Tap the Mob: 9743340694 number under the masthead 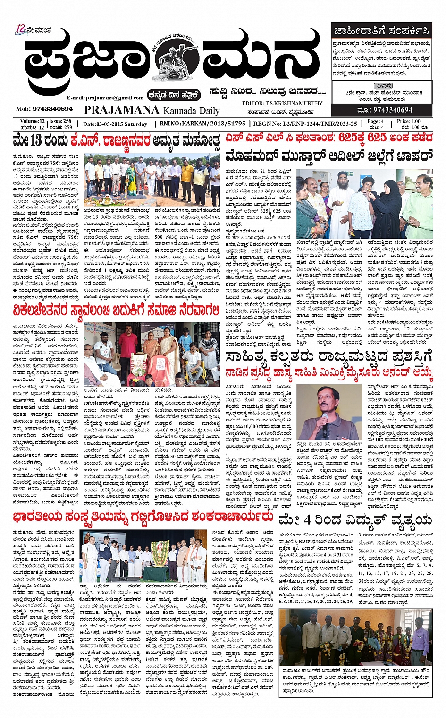click(x=44, y=109)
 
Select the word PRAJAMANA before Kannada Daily click(x=121, y=110)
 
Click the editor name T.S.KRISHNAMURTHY click(x=295, y=103)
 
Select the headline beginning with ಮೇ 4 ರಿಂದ click(x=355, y=520)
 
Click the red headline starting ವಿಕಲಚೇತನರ click(x=116, y=310)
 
